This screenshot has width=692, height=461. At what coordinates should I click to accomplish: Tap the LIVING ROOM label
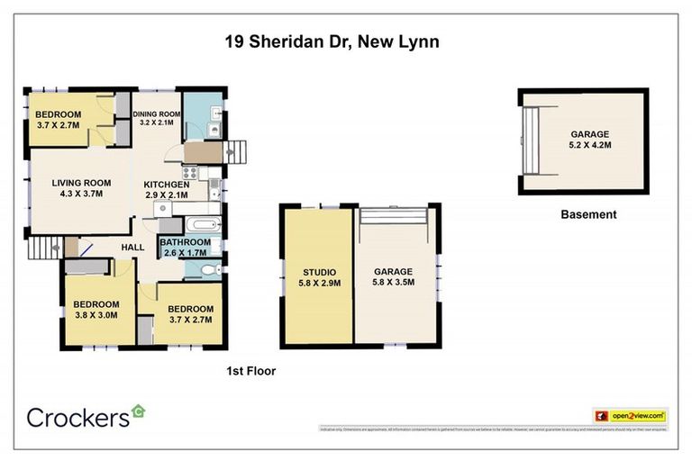pyautogui.click(x=80, y=183)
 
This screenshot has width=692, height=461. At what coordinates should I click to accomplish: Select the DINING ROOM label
pyautogui.click(x=157, y=114)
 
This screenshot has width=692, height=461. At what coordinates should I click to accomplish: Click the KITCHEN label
pyautogui.click(x=167, y=185)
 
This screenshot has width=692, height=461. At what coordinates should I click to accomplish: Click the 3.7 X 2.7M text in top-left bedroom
pyautogui.click(x=58, y=127)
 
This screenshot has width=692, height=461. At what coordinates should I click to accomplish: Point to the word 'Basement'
pyautogui.click(x=588, y=214)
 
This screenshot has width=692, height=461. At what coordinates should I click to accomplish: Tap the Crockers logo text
pyautogui.click(x=78, y=417)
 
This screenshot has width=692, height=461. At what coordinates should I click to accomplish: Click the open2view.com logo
pyautogui.click(x=630, y=416)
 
